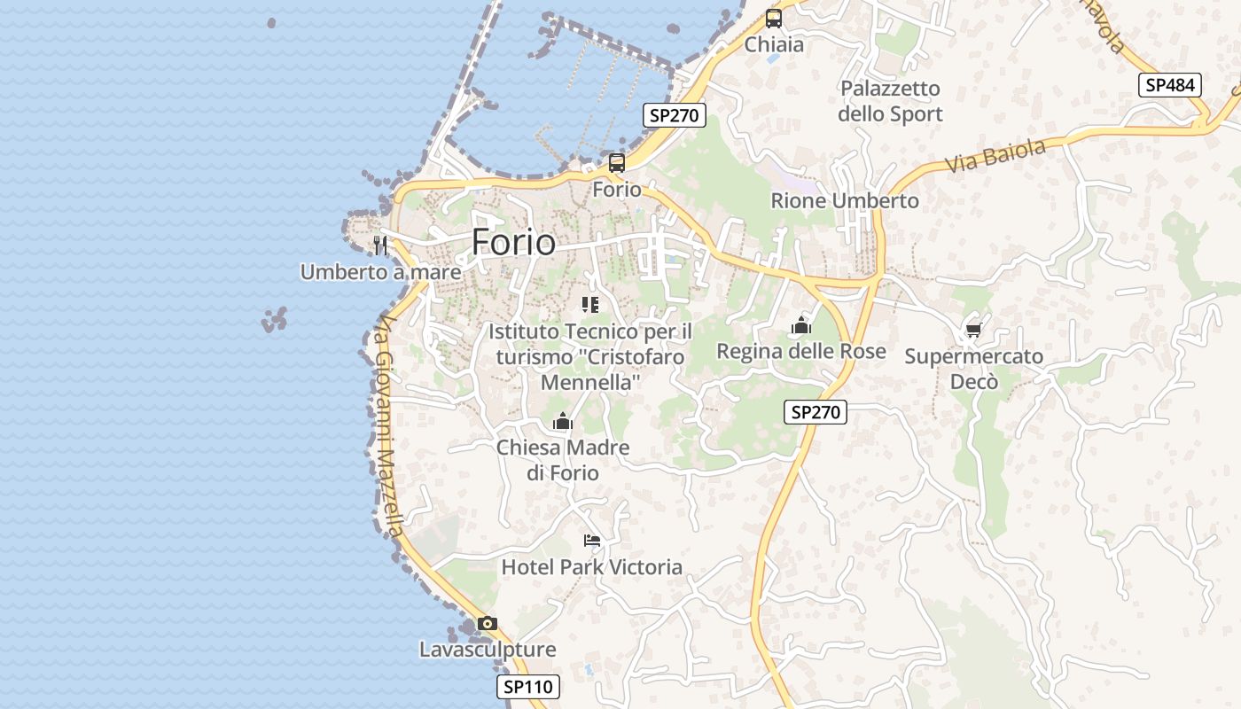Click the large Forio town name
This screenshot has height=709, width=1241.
pyautogui.click(x=513, y=242)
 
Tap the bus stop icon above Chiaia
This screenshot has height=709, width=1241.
pyautogui.click(x=774, y=18)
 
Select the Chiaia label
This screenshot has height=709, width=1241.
pyautogui.click(x=774, y=44)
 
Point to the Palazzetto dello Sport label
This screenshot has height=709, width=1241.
pyautogui.click(x=890, y=101)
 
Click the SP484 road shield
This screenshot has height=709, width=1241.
pyautogui.click(x=1170, y=85)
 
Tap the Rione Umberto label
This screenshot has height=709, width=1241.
pyautogui.click(x=845, y=200)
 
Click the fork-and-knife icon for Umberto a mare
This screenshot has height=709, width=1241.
pyautogui.click(x=381, y=245)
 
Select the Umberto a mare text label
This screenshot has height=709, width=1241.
pyautogui.click(x=380, y=272)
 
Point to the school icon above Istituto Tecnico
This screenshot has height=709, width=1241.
pyautogui.click(x=590, y=306)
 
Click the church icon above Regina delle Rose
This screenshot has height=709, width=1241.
pyautogui.click(x=801, y=325)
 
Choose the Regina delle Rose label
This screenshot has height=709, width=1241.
pyautogui.click(x=801, y=351)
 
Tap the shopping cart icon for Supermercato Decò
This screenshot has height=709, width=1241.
pyautogui.click(x=973, y=331)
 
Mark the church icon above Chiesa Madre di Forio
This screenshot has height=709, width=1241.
pyautogui.click(x=563, y=421)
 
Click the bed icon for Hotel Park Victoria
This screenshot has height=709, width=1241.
pyautogui.click(x=592, y=540)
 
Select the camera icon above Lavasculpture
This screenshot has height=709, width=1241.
pyautogui.click(x=488, y=623)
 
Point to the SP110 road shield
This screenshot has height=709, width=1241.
pyautogui.click(x=528, y=686)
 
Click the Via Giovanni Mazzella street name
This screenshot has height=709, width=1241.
pyautogui.click(x=388, y=425)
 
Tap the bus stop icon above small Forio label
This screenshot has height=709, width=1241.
pyautogui.click(x=617, y=163)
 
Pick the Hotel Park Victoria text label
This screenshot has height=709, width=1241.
pyautogui.click(x=592, y=567)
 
